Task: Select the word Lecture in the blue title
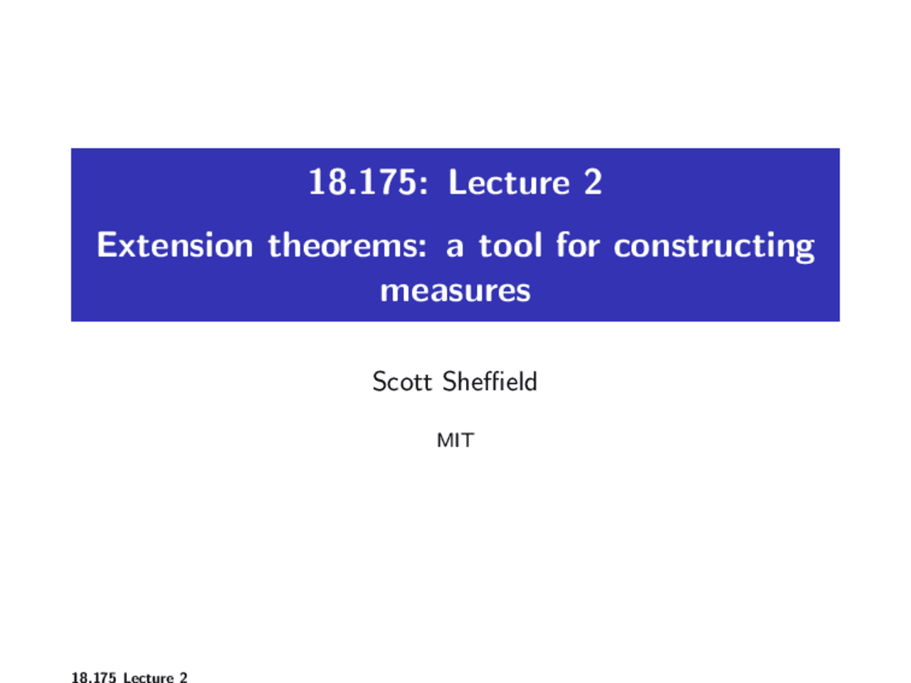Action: coord(509,183)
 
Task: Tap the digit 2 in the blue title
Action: coord(594,183)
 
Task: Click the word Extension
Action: coord(175,245)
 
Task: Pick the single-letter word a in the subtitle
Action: coord(454,247)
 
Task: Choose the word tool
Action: coord(510,245)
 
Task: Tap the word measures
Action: coord(455,290)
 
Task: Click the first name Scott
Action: coord(402,382)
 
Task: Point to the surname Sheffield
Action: coord(490,382)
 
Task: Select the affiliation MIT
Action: coord(455,440)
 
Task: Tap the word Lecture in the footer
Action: coord(148,677)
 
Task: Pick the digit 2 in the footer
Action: coord(184,677)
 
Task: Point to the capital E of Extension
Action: coord(105,245)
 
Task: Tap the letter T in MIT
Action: coord(467,440)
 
